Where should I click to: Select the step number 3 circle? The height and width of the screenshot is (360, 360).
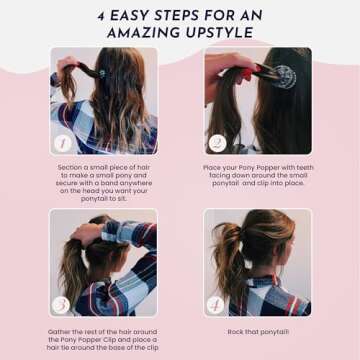(60, 302)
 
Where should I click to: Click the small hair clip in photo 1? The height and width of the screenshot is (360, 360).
(101, 72)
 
